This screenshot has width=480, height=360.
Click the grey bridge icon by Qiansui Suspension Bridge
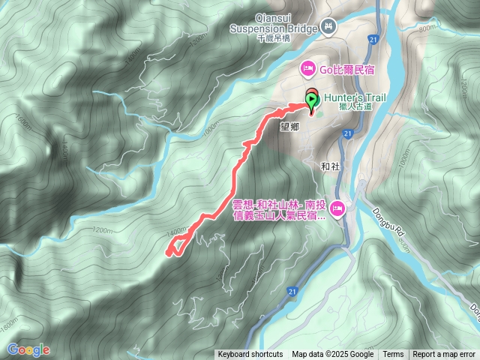tap(328, 27)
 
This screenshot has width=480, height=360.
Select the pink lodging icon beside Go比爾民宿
tap(307, 70)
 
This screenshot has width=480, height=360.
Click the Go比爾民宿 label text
tap(347, 70)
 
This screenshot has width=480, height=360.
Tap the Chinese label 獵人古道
tap(355, 107)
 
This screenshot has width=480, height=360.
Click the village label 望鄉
tap(289, 127)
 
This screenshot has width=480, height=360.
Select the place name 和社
tap(331, 166)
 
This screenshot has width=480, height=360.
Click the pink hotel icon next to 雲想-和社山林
tap(337, 208)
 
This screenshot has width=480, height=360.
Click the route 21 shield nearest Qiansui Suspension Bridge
tap(372, 39)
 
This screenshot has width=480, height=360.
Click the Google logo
tap(28, 349)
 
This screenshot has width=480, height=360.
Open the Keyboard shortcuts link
tap(250, 355)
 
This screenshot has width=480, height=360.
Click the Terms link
tap(393, 355)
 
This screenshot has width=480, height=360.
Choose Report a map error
tap(444, 355)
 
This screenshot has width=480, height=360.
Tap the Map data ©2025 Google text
tap(333, 355)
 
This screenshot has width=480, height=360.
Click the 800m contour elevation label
tap(426, 28)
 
